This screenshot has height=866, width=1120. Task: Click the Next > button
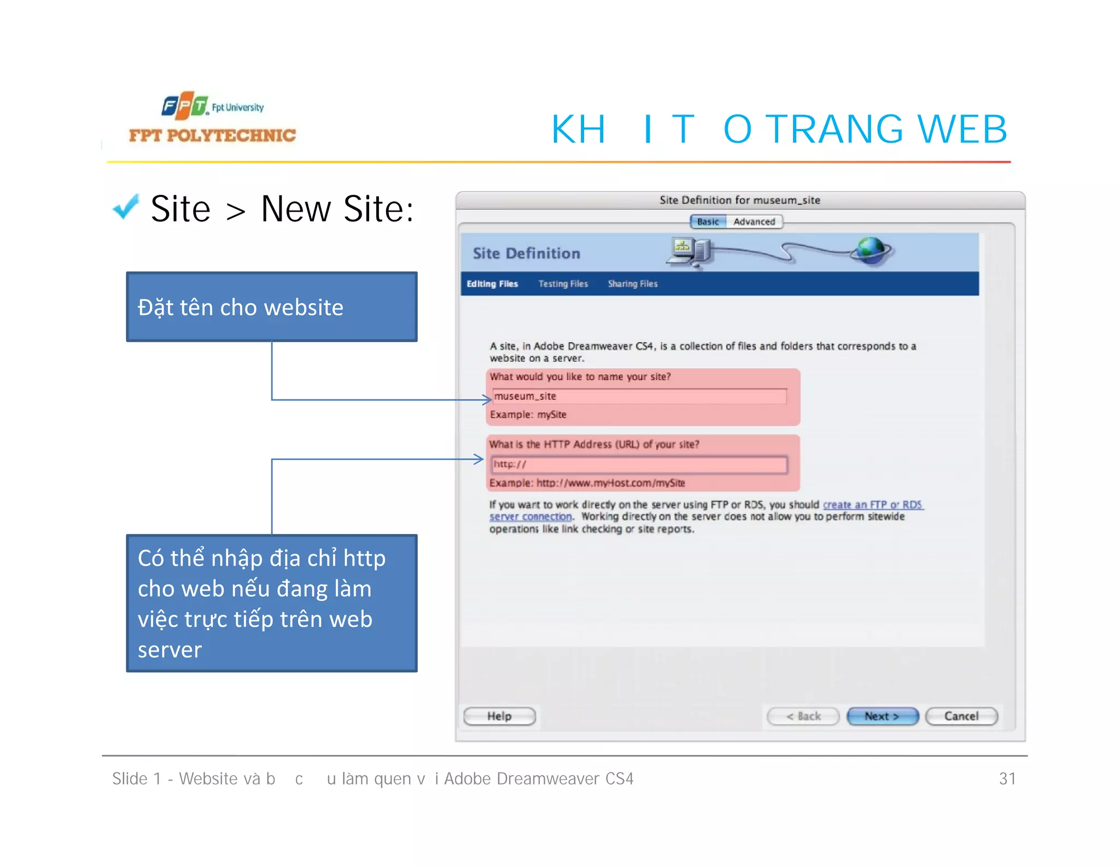pyautogui.click(x=882, y=716)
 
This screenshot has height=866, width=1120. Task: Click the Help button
pyautogui.click(x=499, y=716)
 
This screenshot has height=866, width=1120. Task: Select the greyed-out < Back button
pyautogui.click(x=803, y=716)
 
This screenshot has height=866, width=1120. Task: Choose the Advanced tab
pyautogui.click(x=754, y=222)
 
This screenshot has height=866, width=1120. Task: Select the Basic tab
pyautogui.click(x=708, y=222)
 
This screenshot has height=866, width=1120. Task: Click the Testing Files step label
pyautogui.click(x=563, y=283)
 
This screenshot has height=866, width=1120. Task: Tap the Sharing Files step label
pyautogui.click(x=633, y=283)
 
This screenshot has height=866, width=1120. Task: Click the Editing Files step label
pyautogui.click(x=492, y=283)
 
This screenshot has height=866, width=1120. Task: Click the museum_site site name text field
pyautogui.click(x=639, y=396)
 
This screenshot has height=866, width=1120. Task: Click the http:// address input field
pyautogui.click(x=639, y=464)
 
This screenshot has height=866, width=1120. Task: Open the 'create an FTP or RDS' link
pyautogui.click(x=872, y=504)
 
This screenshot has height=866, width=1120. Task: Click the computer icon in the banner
pyautogui.click(x=688, y=252)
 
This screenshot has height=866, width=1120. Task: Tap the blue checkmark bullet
pyautogui.click(x=126, y=207)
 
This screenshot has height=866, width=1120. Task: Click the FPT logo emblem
pyautogui.click(x=185, y=105)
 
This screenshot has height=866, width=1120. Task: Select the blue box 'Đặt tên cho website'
pyautogui.click(x=272, y=307)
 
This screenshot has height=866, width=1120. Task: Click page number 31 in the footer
pyautogui.click(x=1007, y=778)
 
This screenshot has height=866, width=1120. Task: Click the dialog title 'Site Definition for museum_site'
pyautogui.click(x=739, y=200)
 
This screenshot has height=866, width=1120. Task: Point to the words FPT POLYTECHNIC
pyautogui.click(x=212, y=135)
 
